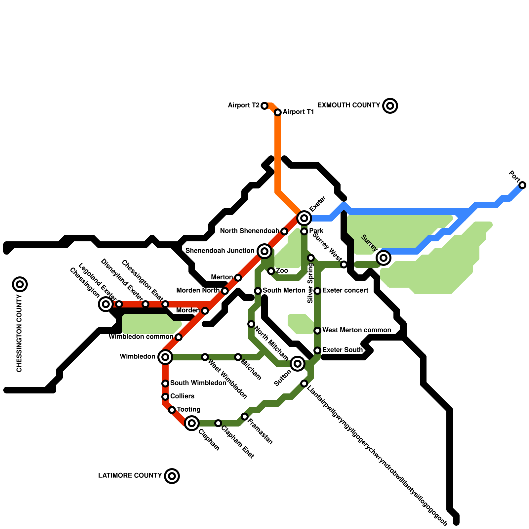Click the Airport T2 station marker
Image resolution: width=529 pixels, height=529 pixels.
tap(264, 106)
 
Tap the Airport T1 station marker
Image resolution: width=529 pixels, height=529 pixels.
tap(278, 112)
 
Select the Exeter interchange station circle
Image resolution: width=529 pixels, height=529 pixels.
tap(304, 218)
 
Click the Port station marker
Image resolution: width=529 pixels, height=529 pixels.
tap(522, 185)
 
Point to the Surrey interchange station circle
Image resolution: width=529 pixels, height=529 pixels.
tap(384, 258)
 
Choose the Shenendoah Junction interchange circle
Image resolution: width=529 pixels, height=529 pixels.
tap(264, 251)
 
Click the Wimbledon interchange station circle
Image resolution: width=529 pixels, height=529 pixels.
tap(165, 357)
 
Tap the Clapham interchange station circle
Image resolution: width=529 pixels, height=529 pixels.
tap(192, 423)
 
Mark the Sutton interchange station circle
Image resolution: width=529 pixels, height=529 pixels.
tap(298, 364)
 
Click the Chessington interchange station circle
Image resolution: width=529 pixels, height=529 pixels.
tap(106, 304)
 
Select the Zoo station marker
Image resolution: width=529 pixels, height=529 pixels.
tap(271, 271)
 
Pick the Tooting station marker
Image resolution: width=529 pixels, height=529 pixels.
tap(172, 410)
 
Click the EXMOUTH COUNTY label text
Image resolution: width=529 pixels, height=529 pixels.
tap(348, 105)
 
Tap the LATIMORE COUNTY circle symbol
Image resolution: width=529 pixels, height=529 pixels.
tap(172, 476)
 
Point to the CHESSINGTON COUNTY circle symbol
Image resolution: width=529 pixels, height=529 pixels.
tap(20, 284)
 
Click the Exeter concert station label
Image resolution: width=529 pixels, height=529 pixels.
tap(345, 291)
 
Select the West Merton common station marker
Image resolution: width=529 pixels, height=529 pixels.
tap(317, 331)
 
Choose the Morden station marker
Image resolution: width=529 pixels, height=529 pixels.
tap(205, 311)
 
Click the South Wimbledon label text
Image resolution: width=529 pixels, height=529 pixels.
tap(198, 383)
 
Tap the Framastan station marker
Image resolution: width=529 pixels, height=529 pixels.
tap(245, 417)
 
